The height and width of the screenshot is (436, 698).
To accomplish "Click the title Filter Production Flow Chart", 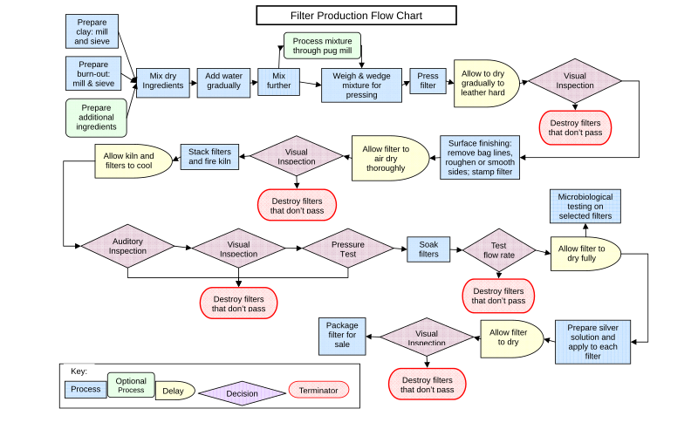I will (356, 16).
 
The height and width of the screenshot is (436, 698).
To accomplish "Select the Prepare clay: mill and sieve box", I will (92, 31).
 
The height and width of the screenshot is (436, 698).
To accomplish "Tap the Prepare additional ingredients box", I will (96, 118).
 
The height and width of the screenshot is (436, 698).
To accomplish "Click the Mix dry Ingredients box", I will (163, 82).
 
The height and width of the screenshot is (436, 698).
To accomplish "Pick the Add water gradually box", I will (223, 82).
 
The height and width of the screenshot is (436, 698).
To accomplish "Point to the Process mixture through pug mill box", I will (322, 46).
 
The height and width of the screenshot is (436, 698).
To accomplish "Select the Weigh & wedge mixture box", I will (361, 85).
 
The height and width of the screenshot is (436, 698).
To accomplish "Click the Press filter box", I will (428, 82).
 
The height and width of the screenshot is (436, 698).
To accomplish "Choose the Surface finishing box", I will (480, 158).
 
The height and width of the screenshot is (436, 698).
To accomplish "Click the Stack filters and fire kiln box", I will (209, 157).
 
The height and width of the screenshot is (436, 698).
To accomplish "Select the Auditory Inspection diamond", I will (127, 246).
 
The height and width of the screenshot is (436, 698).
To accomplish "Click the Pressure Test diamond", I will (347, 249).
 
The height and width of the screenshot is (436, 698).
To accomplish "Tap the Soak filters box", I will (428, 249).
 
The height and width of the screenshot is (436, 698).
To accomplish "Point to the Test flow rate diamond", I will (498, 251).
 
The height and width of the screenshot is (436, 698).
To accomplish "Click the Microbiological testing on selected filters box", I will (585, 208).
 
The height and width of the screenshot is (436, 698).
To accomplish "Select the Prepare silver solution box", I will (592, 342).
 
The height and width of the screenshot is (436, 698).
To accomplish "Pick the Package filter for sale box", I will (342, 336).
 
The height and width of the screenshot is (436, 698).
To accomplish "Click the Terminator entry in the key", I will (318, 390).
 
